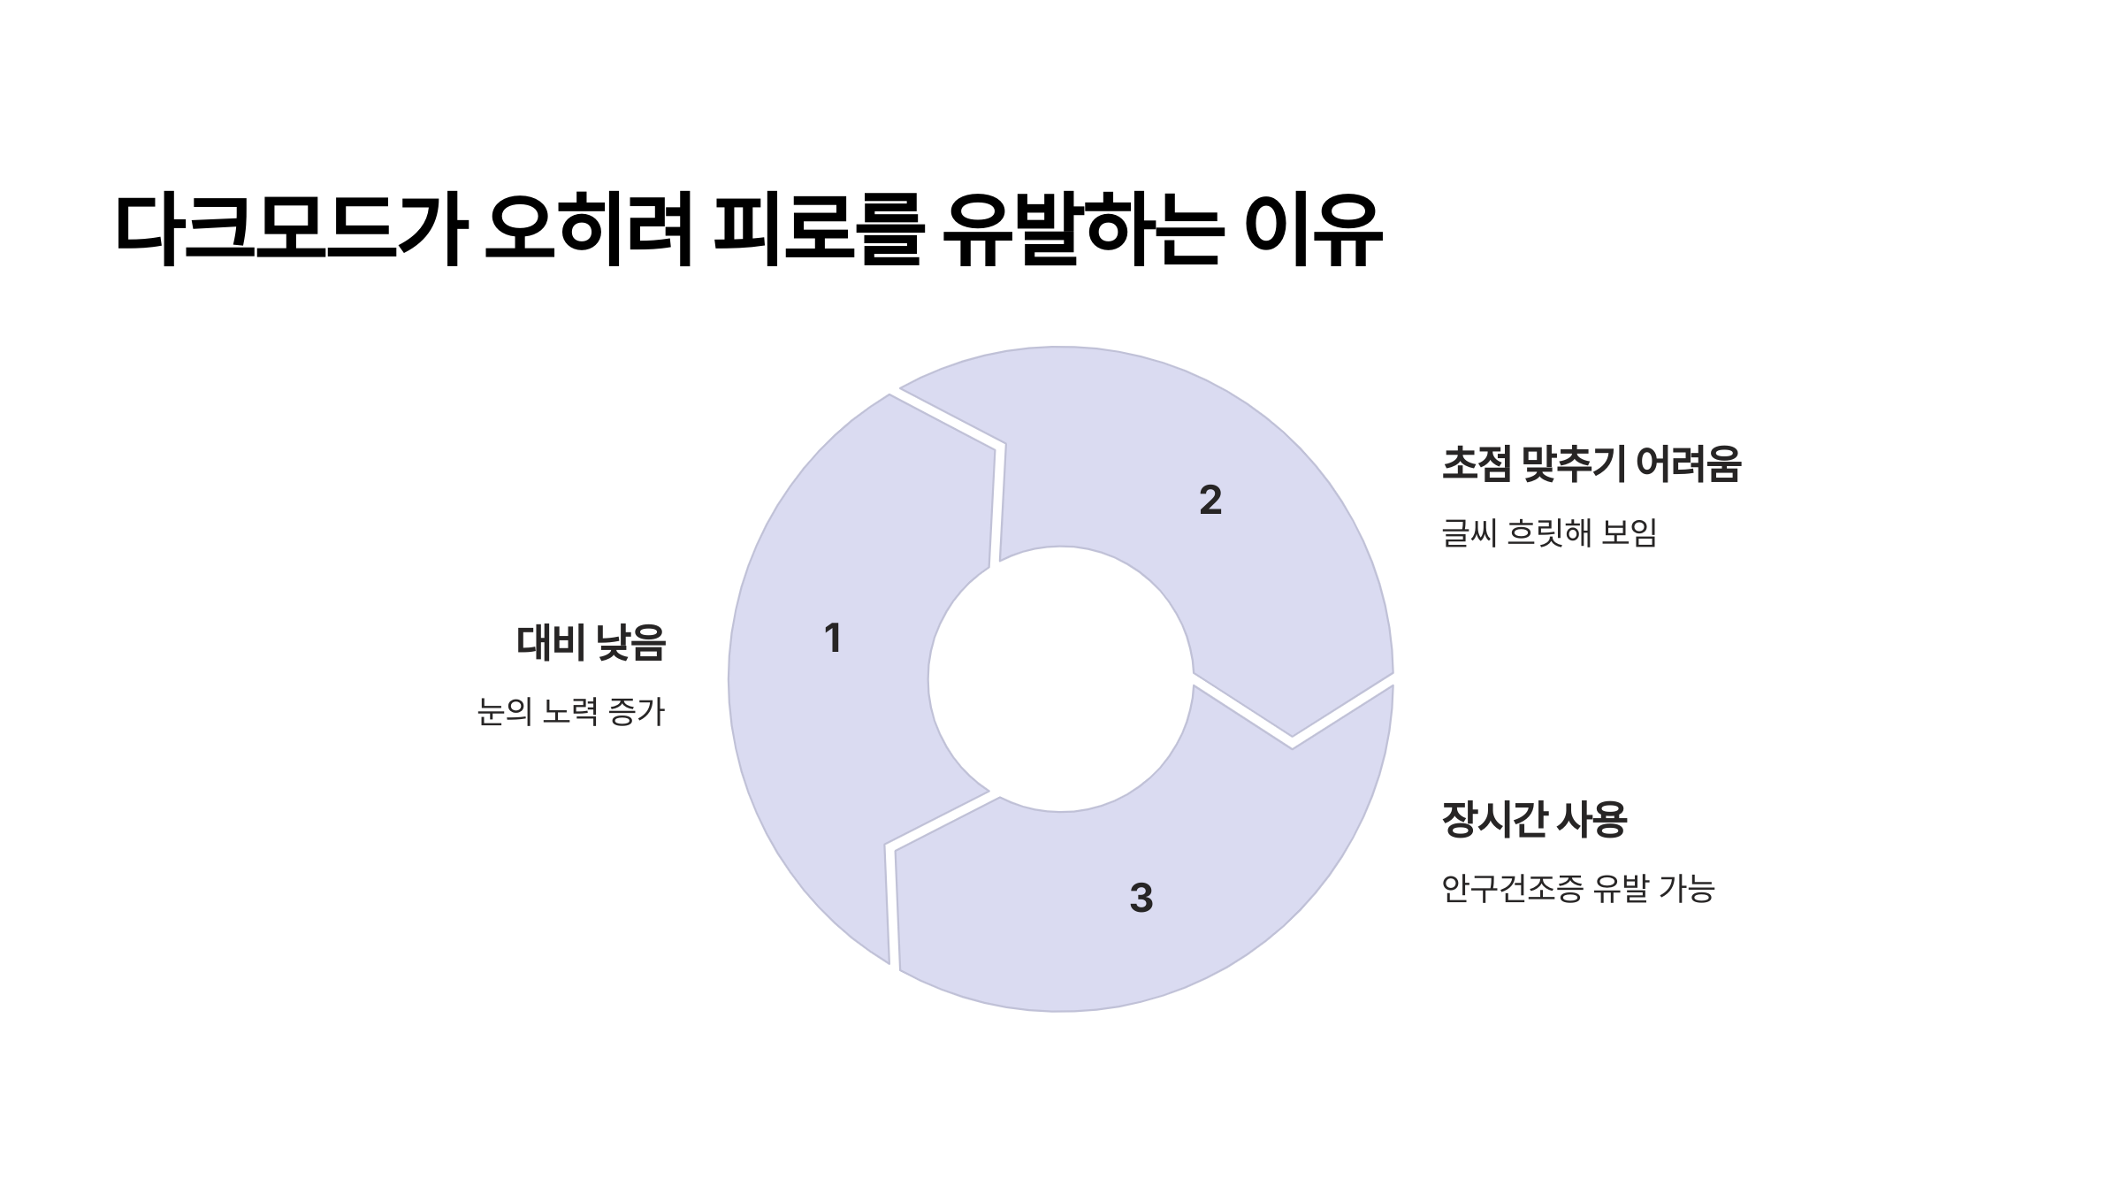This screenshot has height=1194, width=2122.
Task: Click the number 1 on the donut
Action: click(x=832, y=639)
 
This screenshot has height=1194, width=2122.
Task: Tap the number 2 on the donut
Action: click(x=1210, y=501)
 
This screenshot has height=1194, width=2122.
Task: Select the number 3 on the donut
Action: click(x=1141, y=898)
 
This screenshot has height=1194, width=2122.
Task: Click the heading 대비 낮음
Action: click(x=591, y=643)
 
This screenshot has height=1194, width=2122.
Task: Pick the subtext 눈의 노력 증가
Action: click(x=570, y=711)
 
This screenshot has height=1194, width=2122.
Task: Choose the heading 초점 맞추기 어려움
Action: click(x=1591, y=464)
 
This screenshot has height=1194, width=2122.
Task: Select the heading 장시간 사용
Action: click(x=1534, y=820)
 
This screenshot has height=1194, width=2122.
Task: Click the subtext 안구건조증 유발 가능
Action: click(x=1577, y=888)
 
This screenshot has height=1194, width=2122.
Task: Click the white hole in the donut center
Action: click(x=1060, y=679)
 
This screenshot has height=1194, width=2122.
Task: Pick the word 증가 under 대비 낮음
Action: click(x=637, y=711)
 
